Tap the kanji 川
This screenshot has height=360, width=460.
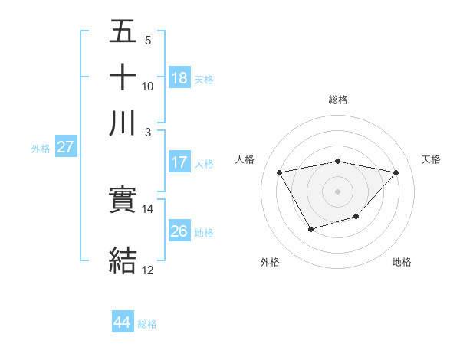coord(123,123)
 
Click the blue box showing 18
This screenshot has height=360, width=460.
coord(179,78)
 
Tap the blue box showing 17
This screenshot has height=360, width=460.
coord(179,162)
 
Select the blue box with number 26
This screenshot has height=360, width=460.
coord(179,231)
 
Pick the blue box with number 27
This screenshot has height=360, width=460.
coord(65,147)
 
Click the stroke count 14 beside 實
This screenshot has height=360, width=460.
coord(148,208)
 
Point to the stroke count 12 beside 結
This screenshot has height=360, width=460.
coord(148,270)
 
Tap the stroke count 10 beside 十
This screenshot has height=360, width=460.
coord(148,86)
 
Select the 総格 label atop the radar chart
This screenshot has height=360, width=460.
coord(338,100)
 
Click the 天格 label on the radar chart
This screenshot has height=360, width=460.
coord(431,159)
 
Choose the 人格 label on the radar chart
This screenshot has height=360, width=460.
coord(245,159)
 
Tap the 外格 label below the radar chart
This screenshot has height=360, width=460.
coord(270,263)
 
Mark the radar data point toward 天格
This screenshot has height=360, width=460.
coord(396,172)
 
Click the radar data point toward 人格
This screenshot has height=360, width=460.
coord(280,172)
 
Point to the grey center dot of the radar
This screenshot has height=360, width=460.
coord(338,191)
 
